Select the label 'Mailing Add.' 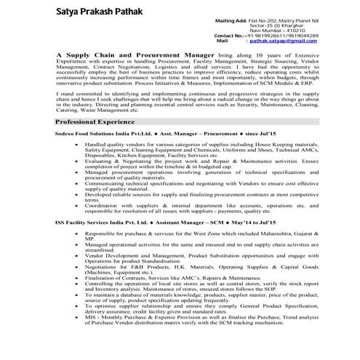click(x=231, y=21)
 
